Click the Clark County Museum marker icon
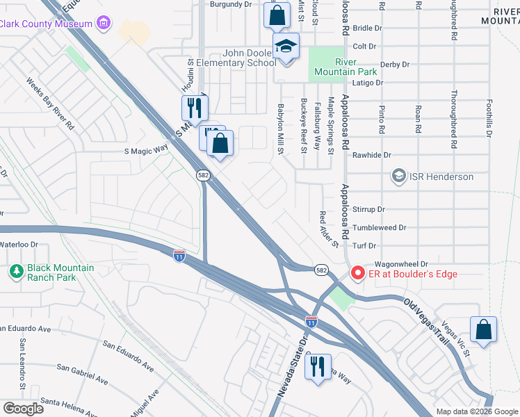104,24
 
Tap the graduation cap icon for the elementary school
286,47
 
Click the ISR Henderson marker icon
398,176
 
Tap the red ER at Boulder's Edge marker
358,274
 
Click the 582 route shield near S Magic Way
202,175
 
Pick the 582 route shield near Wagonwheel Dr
320,269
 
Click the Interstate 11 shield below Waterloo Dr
179,256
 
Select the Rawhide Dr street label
372,155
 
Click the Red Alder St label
328,229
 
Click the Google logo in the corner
23,408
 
